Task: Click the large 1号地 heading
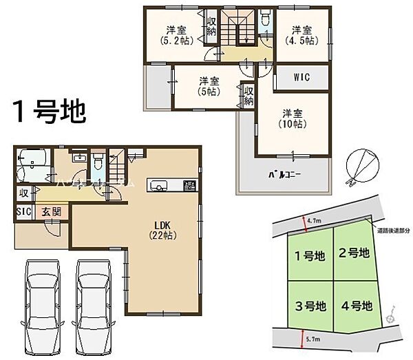(x=47, y=109)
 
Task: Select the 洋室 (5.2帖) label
(x=177, y=35)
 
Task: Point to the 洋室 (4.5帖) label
(x=300, y=35)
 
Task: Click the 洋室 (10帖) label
(x=293, y=118)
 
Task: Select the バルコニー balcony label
(x=284, y=175)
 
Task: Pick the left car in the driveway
(x=40, y=298)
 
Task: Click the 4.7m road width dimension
(x=314, y=221)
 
